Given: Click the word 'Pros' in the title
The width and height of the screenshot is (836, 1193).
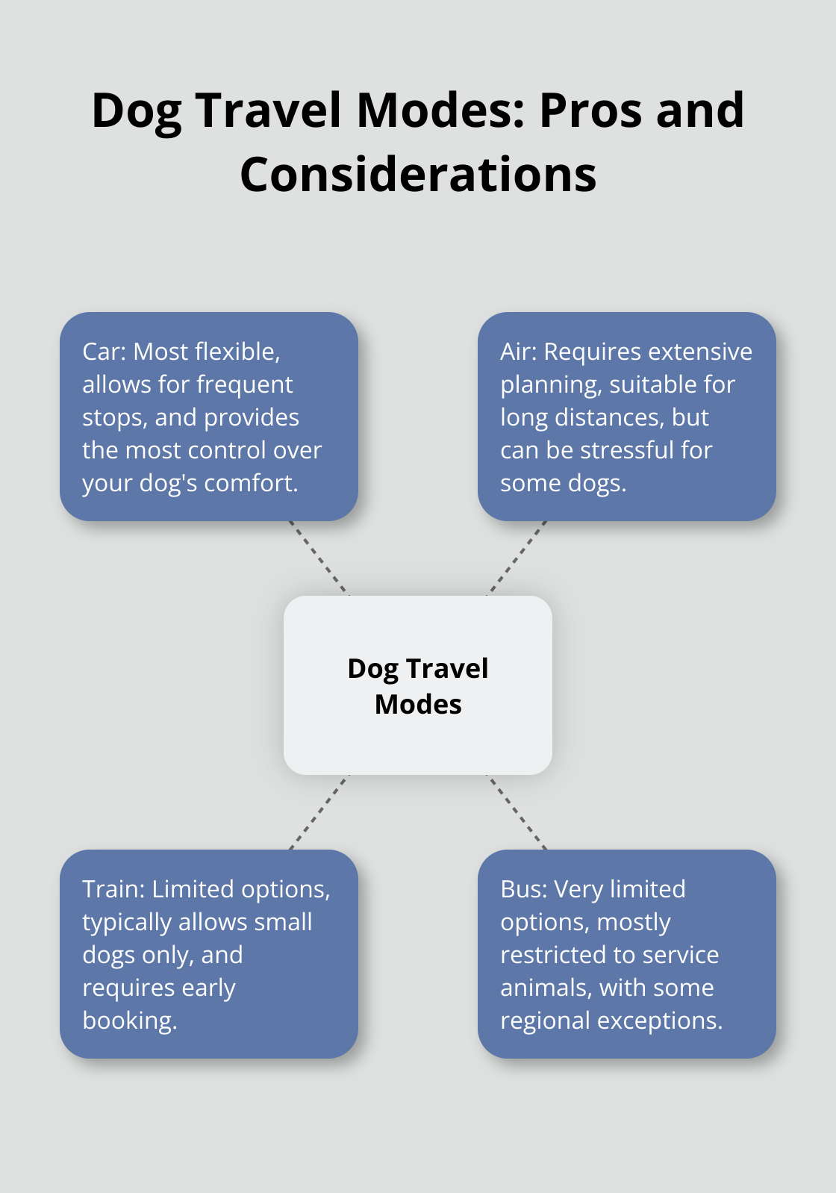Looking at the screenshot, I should click(586, 110).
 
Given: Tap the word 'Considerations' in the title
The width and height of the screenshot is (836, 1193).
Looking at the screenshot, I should click(418, 175).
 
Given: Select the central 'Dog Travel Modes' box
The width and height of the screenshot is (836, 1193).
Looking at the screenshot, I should click(418, 685).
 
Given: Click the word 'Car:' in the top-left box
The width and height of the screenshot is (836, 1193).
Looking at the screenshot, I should click(104, 352).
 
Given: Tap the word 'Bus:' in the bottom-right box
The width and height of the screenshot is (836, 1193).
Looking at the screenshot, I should click(524, 889).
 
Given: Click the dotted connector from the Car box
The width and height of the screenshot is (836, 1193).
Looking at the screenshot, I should click(319, 558).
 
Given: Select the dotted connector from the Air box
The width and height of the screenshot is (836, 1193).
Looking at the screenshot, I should click(517, 558).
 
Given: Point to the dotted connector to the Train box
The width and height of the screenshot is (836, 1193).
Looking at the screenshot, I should click(319, 812).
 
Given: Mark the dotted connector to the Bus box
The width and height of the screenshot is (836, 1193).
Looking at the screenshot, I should click(517, 812).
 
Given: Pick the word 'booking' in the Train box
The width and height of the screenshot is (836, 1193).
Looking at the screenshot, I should click(128, 1021).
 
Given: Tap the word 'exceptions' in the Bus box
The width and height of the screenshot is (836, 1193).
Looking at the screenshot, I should click(675, 1021).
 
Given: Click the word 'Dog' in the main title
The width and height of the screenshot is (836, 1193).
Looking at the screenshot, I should click(137, 110).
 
